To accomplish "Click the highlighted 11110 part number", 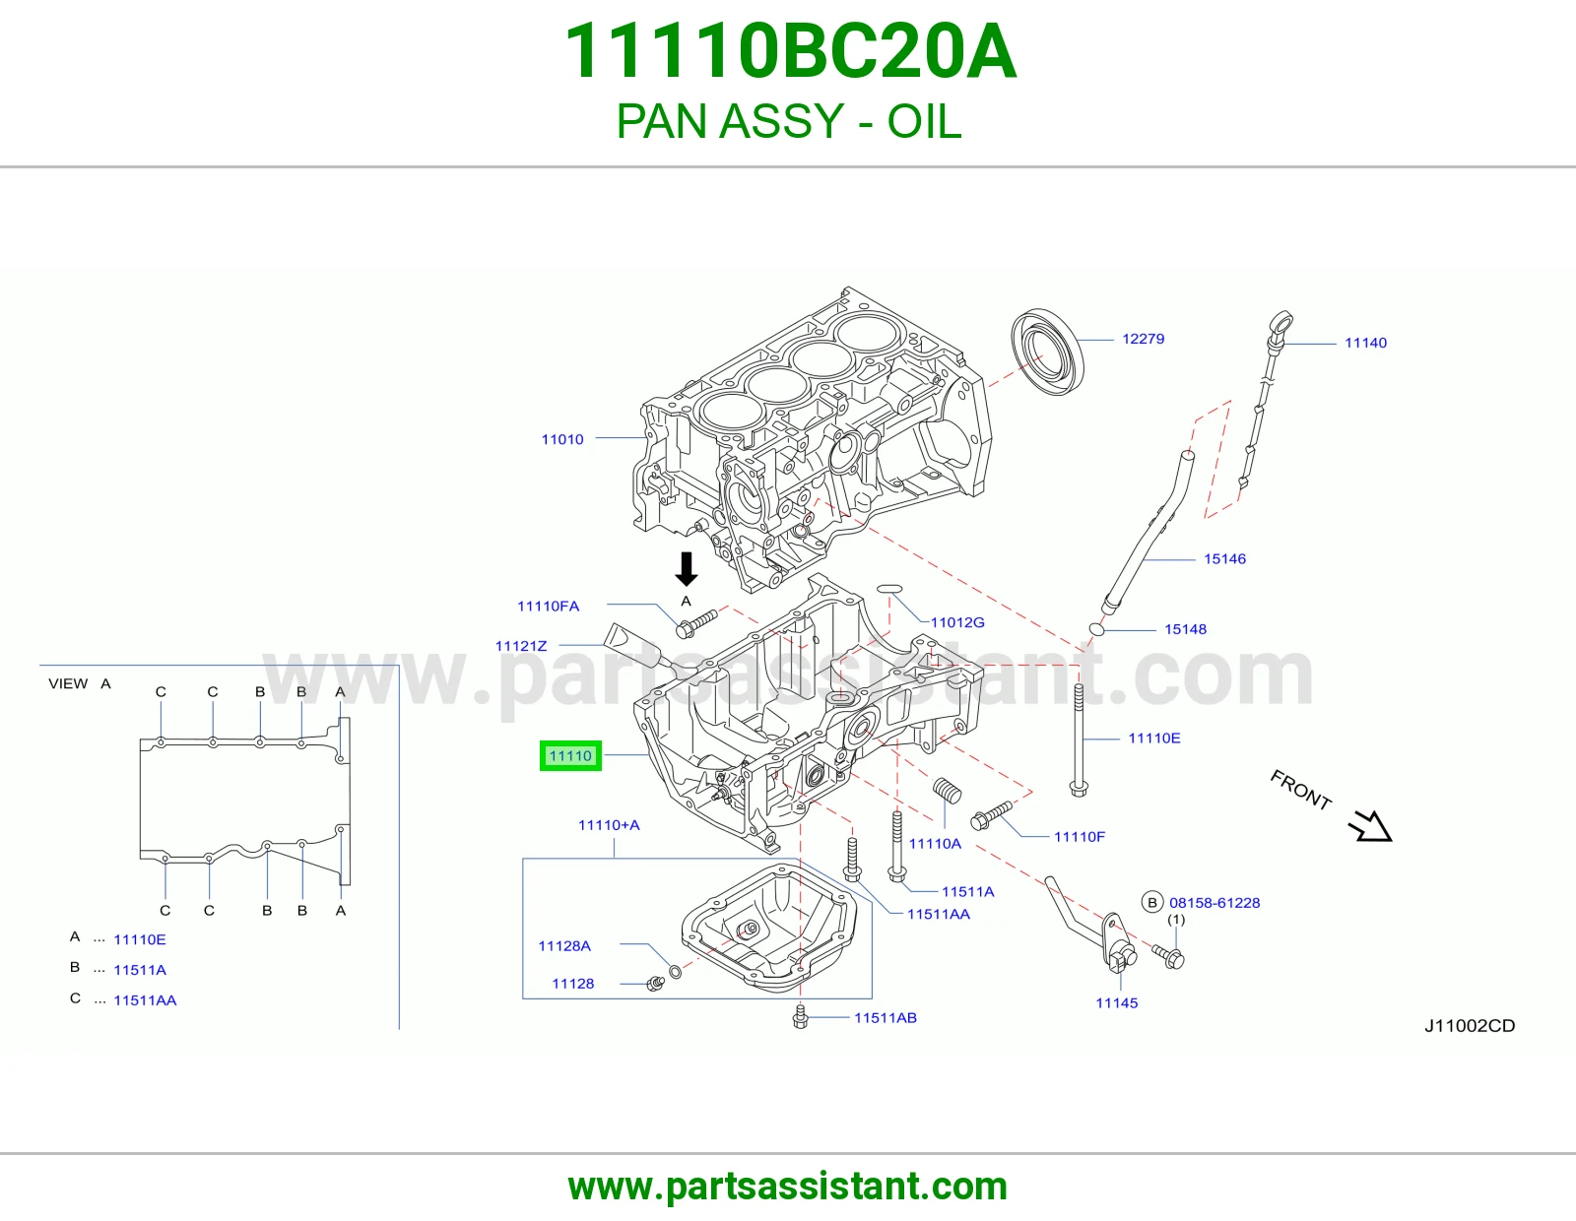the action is point(570,755).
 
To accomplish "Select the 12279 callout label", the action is point(1143,339).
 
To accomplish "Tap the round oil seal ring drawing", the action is point(1047,352).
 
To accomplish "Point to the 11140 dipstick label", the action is point(1365,343).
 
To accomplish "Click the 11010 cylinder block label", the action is point(562,439).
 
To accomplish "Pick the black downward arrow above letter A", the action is point(687,569).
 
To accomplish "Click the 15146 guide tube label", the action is point(1225,559).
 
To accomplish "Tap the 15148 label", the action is point(1185,629).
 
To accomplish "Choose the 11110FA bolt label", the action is point(549,607).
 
